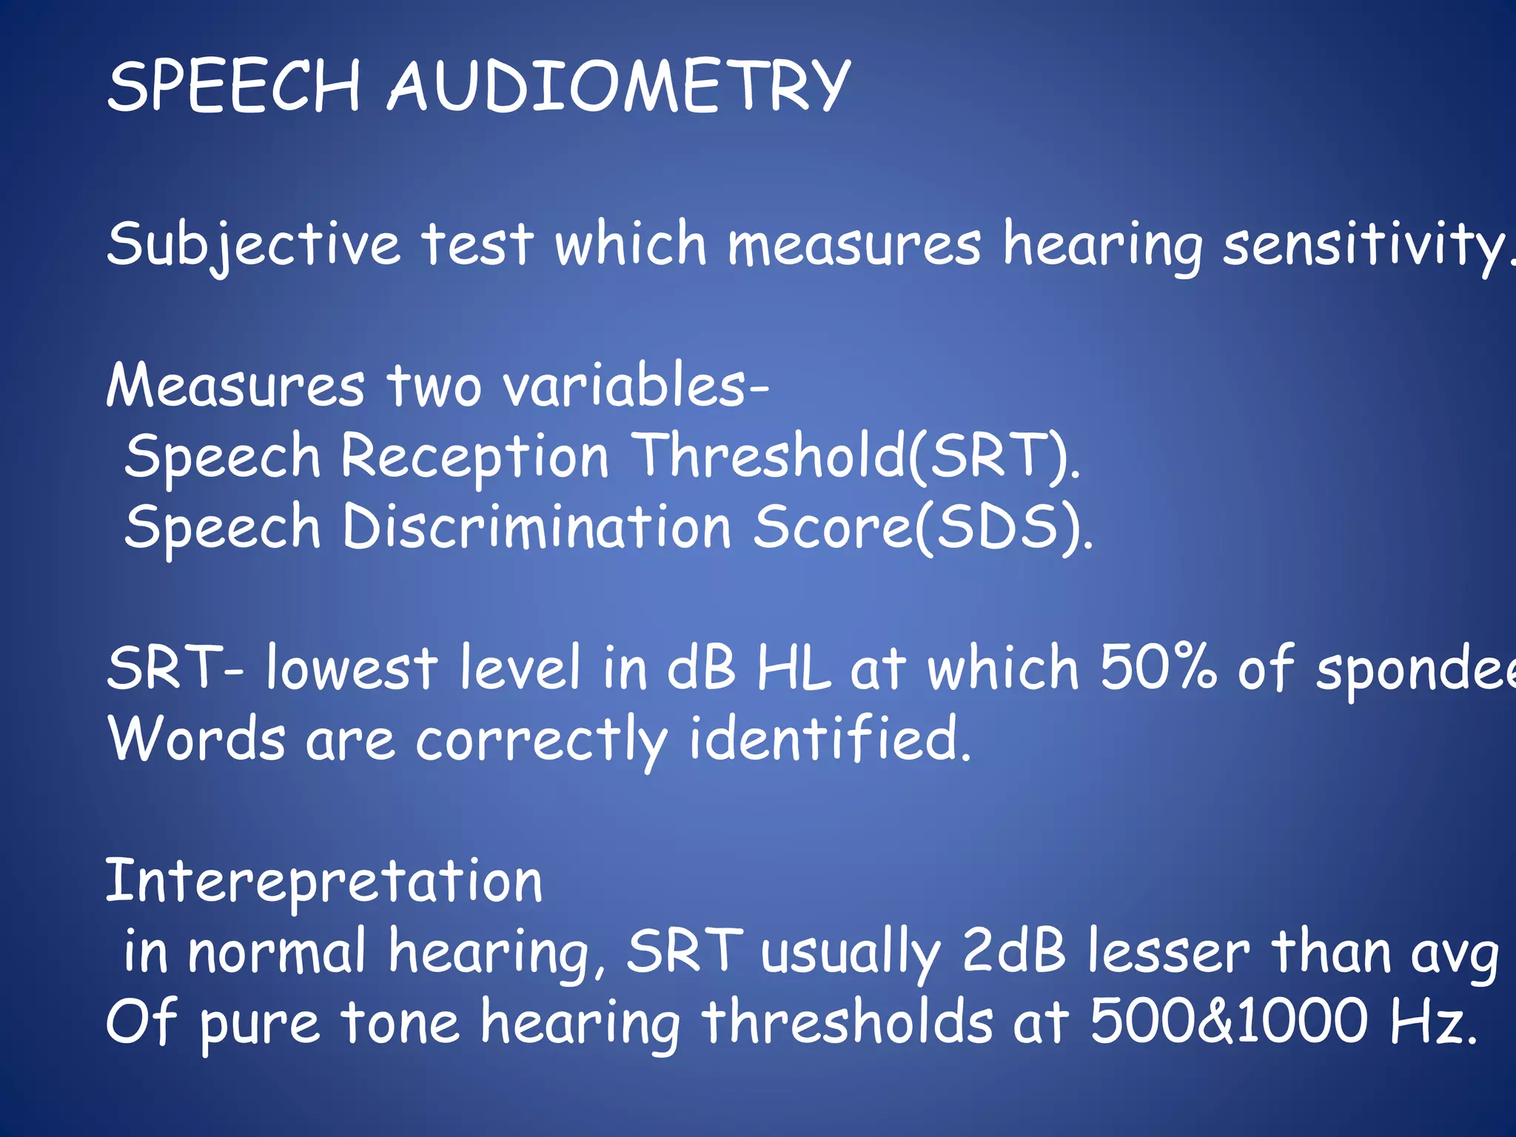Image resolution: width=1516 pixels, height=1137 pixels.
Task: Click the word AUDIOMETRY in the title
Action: coord(619,87)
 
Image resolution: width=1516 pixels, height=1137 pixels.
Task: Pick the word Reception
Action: coord(474,457)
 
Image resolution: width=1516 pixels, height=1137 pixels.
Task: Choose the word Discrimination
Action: coord(537,528)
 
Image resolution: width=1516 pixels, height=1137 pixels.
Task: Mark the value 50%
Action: coord(1158,668)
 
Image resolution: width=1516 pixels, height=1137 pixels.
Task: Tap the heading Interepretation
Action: coord(324,882)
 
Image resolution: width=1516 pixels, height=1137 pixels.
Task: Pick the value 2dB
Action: coord(1014,952)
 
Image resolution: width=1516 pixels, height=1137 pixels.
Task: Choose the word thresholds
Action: coord(848,1022)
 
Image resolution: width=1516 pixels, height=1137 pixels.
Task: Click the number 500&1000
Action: coord(1229,1022)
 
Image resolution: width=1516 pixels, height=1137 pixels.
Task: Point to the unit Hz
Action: coord(1429,1022)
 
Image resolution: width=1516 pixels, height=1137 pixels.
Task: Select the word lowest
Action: coord(352,668)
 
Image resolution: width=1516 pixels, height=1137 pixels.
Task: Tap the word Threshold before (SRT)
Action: coord(770,457)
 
